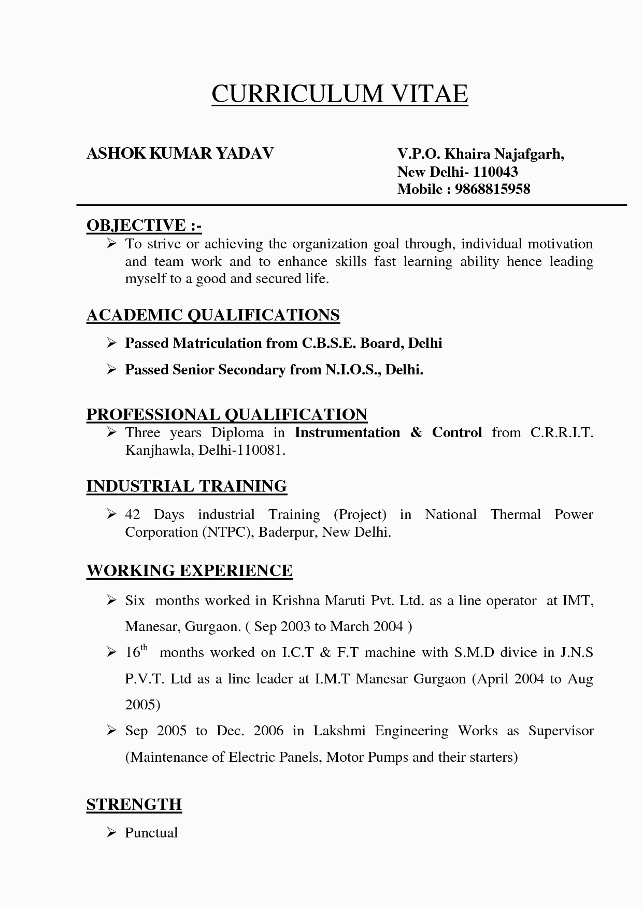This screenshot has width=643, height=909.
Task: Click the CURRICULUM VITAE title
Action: point(339,94)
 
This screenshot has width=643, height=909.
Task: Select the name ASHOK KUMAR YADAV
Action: point(180,153)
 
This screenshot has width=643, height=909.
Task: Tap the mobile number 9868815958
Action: point(492,189)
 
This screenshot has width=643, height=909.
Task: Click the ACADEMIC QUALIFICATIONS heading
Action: point(213,315)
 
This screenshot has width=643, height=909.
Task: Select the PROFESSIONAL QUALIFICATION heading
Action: point(226,414)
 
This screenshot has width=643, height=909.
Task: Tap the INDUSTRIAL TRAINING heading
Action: point(187,486)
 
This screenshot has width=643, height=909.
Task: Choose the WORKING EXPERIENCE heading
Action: point(189,570)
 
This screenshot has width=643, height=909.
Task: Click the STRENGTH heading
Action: point(134,804)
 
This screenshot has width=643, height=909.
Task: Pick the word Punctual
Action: point(151,833)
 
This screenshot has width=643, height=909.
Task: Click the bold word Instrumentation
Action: point(347,432)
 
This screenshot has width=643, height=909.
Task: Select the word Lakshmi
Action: point(339,731)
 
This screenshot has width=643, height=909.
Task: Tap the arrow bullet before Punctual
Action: point(111,833)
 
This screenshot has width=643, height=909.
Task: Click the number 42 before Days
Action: point(133,514)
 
